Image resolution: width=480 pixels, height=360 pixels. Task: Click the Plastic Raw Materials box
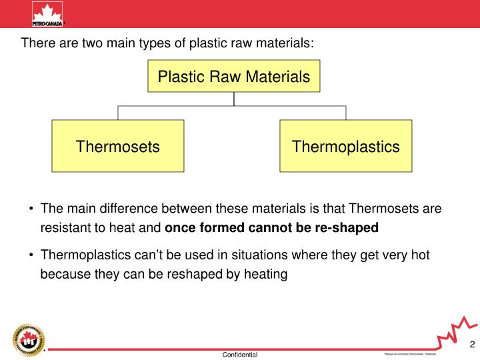[x=233, y=77]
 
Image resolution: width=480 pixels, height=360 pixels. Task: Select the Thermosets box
[x=118, y=146]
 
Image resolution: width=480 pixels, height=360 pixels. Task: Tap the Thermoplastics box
[x=345, y=146]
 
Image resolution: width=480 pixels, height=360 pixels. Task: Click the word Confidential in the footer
[x=240, y=355]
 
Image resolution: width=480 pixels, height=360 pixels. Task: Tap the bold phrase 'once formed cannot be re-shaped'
[x=271, y=228]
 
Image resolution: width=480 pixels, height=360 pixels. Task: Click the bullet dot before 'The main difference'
[x=31, y=209]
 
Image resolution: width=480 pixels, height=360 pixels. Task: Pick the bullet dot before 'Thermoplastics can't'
[x=31, y=255]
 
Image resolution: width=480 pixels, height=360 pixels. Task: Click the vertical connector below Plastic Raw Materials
[x=234, y=99]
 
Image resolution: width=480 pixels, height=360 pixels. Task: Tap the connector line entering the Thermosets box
[x=118, y=113]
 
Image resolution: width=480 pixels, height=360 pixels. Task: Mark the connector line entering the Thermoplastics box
[x=345, y=113]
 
